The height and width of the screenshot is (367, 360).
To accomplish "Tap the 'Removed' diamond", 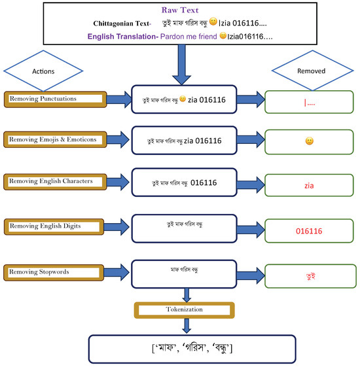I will (x=307, y=69).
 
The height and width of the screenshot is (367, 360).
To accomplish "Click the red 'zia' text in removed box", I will (x=309, y=185).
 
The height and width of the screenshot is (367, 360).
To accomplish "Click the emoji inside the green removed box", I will (x=309, y=141).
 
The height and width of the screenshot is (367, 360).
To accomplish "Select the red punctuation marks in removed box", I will (x=309, y=103).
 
